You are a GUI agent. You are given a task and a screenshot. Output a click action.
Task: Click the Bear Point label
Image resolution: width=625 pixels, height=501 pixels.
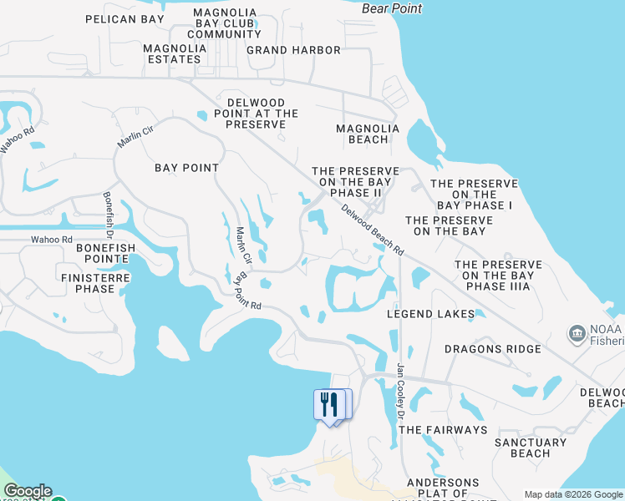[393, 8]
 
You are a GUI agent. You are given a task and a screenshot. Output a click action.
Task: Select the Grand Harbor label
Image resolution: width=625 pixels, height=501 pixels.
[293, 50]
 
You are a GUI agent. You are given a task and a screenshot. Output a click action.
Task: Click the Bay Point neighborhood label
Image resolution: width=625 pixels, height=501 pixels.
[187, 168]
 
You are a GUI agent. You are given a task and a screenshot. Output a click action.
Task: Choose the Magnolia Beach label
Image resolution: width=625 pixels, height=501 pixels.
[368, 134]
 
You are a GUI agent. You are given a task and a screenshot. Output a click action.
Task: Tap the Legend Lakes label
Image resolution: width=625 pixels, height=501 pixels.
[430, 315]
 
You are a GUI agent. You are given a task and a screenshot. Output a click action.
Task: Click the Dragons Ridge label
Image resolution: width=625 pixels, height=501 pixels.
[492, 349]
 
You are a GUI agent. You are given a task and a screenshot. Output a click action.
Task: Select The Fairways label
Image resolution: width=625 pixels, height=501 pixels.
[443, 430]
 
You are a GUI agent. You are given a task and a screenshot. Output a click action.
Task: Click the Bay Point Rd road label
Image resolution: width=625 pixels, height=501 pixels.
[248, 292]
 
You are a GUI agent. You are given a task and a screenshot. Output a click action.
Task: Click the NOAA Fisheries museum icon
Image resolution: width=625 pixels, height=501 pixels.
[577, 334]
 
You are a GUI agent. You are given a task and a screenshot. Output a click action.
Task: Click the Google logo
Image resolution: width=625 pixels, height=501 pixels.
[27, 492]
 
